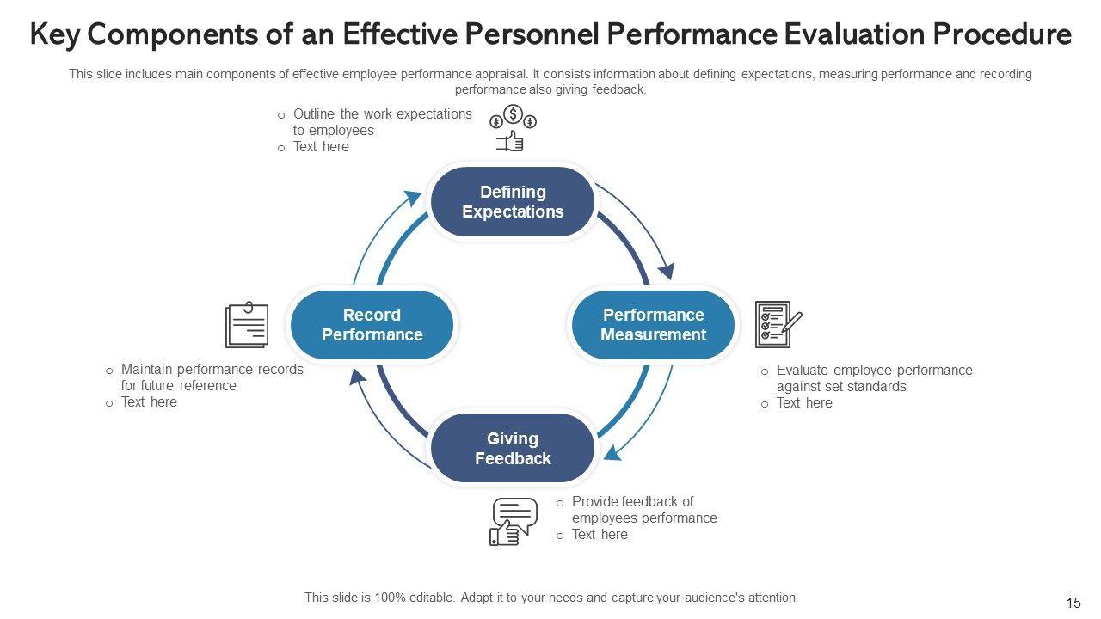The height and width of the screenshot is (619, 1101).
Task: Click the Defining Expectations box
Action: coord(513,202)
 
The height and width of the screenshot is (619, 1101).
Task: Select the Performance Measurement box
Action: coord(653,325)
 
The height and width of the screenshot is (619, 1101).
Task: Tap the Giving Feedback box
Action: coord(513,449)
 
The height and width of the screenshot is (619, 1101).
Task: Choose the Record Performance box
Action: coord(372,325)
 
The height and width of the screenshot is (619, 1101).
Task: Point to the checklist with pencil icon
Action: coord(777,324)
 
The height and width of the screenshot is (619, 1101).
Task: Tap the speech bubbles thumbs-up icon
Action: coord(514,521)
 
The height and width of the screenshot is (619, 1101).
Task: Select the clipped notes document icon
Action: coord(246,325)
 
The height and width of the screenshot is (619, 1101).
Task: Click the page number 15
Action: coord(1073,603)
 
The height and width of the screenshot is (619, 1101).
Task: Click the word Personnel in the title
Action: coord(521,35)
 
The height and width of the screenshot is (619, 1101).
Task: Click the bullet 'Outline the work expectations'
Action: coord(382,113)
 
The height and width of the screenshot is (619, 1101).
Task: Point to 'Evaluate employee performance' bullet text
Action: coord(874,371)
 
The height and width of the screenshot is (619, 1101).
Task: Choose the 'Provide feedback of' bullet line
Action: coord(632,501)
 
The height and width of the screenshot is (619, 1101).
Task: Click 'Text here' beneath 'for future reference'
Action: coord(149,402)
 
